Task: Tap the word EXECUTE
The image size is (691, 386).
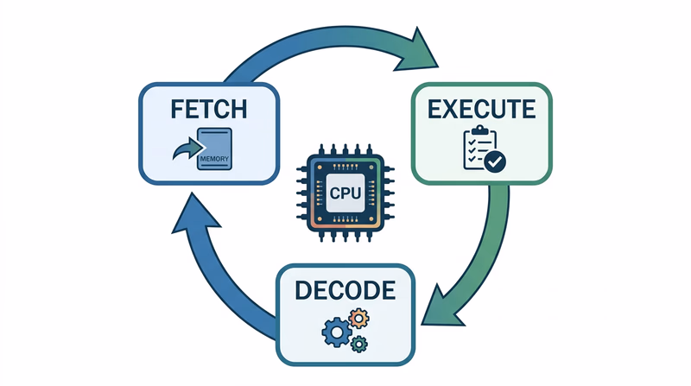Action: click(x=479, y=109)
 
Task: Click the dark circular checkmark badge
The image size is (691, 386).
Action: click(x=495, y=161)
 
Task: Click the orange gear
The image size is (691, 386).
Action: click(x=360, y=318)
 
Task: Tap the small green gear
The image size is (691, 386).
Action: click(x=359, y=344)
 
